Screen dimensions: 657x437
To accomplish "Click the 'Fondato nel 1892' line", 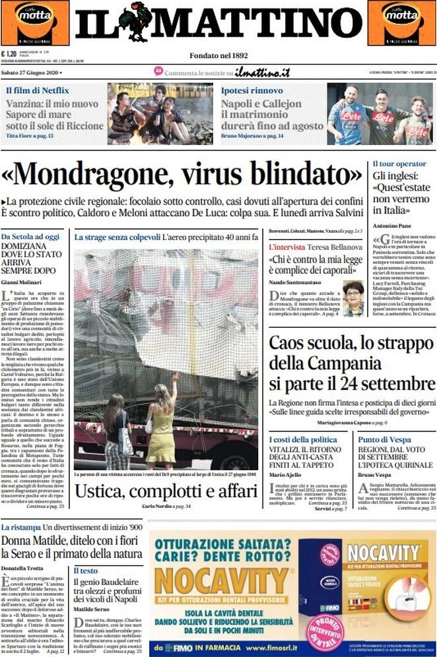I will (x=218, y=55).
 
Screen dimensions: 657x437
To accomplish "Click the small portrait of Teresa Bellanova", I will (x=353, y=297).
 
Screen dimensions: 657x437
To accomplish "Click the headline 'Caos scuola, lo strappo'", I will (x=352, y=344).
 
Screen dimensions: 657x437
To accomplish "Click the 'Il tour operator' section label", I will (x=399, y=164).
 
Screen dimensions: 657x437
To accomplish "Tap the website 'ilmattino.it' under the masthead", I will (x=263, y=73).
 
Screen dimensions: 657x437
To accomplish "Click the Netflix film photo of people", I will (x=160, y=113).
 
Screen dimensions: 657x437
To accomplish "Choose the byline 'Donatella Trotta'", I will (x=23, y=567).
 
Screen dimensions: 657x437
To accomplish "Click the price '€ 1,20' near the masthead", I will (x=10, y=54).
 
